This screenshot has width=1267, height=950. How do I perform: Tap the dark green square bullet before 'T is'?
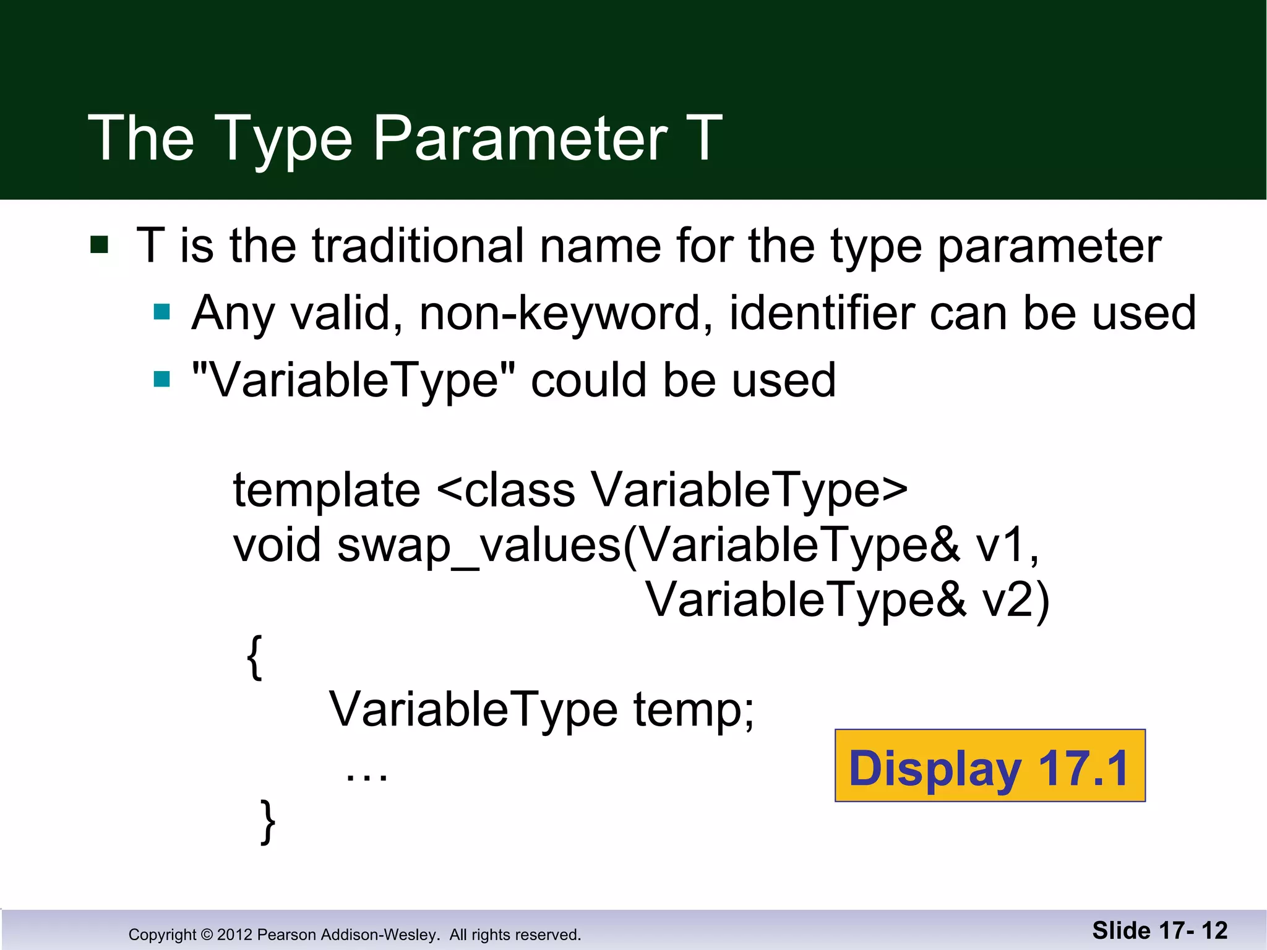[100, 245]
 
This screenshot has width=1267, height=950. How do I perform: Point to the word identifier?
[822, 314]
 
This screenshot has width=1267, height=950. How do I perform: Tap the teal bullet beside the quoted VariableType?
[162, 379]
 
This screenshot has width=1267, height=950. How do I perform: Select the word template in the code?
[327, 490]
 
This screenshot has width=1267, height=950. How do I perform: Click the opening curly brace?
[255, 657]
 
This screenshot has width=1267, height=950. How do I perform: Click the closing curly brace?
[268, 821]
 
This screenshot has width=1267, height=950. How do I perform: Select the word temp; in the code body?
[694, 710]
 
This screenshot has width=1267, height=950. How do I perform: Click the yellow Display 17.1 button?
[989, 766]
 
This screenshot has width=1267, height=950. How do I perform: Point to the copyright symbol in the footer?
[207, 935]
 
